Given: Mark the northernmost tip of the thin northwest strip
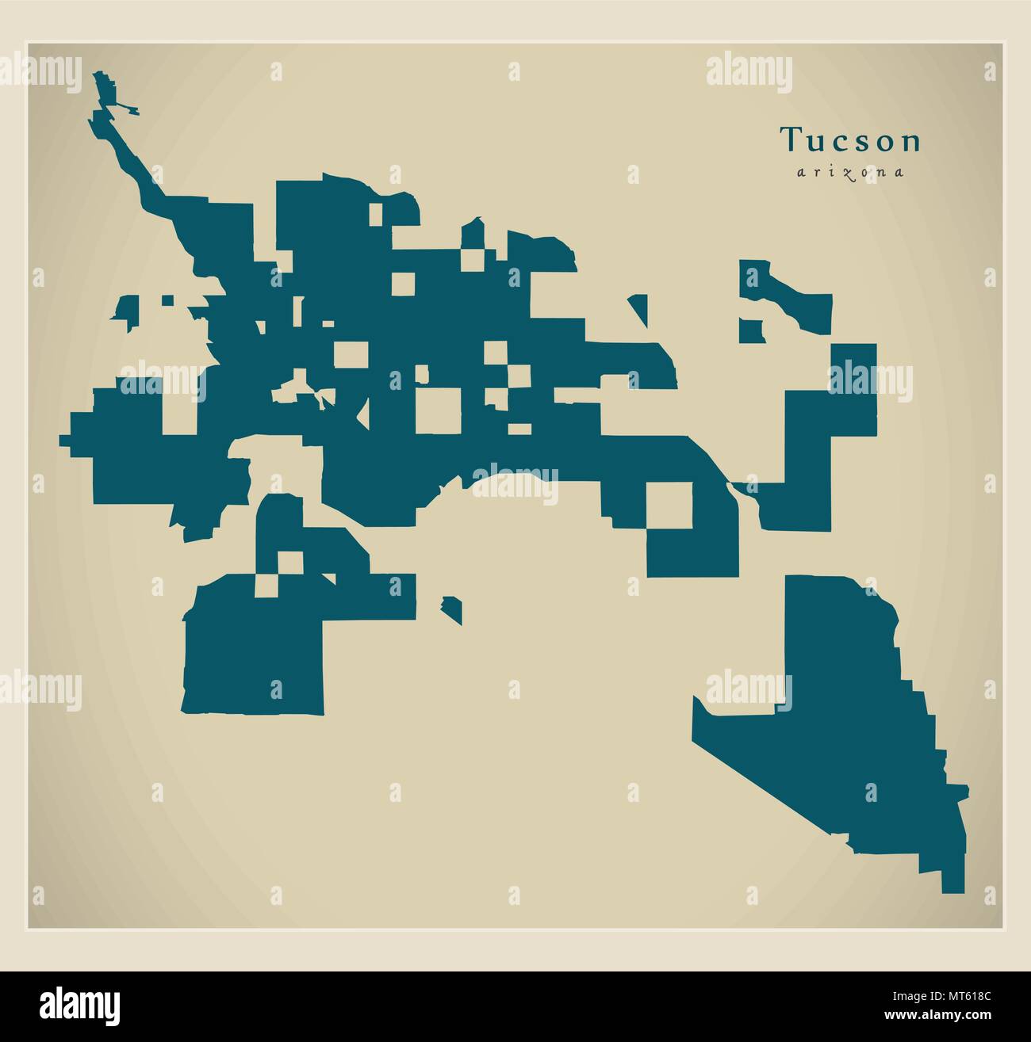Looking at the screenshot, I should tap(100, 74).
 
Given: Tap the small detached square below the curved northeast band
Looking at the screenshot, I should tap(750, 330).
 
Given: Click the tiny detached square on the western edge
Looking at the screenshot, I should tap(167, 300).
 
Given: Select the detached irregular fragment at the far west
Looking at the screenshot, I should tap(126, 311).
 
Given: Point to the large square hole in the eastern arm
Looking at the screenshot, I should tap(669, 505).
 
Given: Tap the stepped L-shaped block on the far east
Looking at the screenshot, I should tap(825, 444).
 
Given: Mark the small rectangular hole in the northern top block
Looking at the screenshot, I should tap(376, 212).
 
